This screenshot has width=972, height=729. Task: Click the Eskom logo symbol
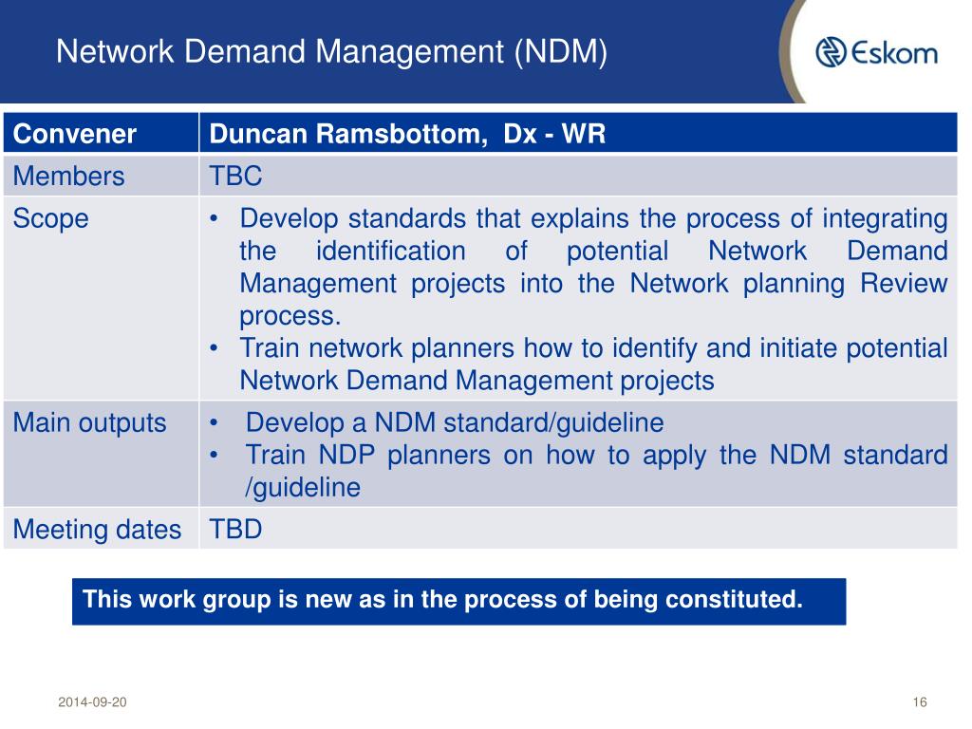pyautogui.click(x=832, y=52)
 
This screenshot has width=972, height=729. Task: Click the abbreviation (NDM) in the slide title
pyautogui.click(x=560, y=50)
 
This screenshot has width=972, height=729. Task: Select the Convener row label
pyautogui.click(x=75, y=134)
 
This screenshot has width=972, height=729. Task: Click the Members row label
pyautogui.click(x=68, y=177)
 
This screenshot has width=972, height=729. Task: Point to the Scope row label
pyautogui.click(x=50, y=219)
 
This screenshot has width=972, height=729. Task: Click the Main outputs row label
pyautogui.click(x=89, y=422)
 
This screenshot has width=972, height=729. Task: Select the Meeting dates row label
pyautogui.click(x=97, y=530)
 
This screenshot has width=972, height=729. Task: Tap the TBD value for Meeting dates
pyautogui.click(x=235, y=529)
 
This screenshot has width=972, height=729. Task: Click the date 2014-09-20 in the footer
pyautogui.click(x=91, y=702)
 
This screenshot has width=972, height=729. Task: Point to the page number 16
pyautogui.click(x=918, y=702)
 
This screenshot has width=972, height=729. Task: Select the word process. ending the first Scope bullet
pyautogui.click(x=290, y=316)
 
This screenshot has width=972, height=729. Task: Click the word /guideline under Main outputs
pyautogui.click(x=302, y=488)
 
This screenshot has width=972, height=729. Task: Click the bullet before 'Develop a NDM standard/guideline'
pyautogui.click(x=216, y=423)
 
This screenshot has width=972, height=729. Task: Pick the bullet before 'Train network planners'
pyautogui.click(x=216, y=348)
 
